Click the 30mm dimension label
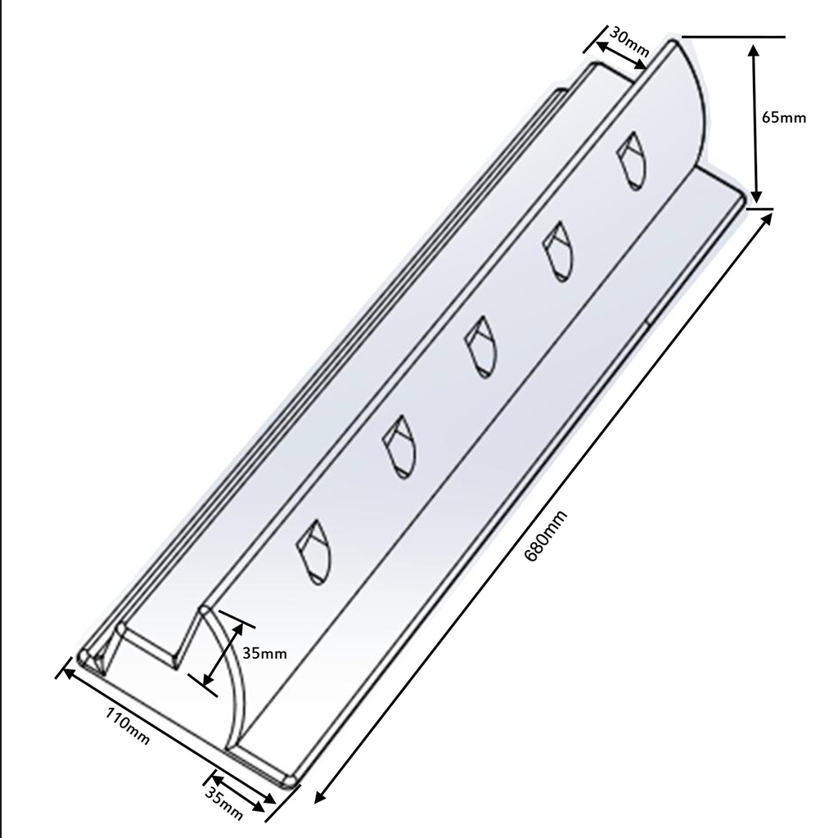[x=629, y=42]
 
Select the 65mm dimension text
[x=783, y=118]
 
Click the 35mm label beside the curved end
[x=264, y=653]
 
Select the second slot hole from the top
[x=557, y=250]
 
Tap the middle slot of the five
[x=481, y=347]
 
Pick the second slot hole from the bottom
[x=399, y=446]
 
